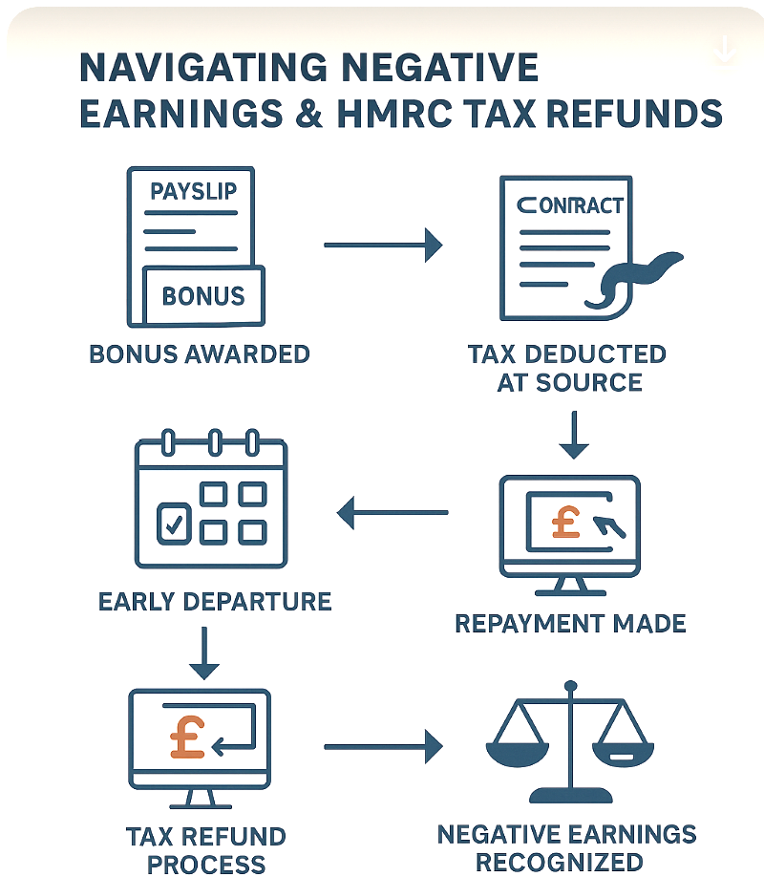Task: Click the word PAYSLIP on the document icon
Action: pos(194,191)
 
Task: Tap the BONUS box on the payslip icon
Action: pos(202,295)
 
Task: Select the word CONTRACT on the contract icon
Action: pos(569,204)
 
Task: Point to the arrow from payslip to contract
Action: pos(383,246)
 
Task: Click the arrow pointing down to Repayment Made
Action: pos(574,435)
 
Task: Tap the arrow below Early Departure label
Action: pos(204,652)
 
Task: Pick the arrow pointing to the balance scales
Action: pos(383,746)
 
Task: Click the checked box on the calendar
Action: pos(173,522)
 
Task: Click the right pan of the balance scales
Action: pos(624,744)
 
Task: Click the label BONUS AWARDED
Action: pos(200,353)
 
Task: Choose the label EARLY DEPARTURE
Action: pos(215,602)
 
